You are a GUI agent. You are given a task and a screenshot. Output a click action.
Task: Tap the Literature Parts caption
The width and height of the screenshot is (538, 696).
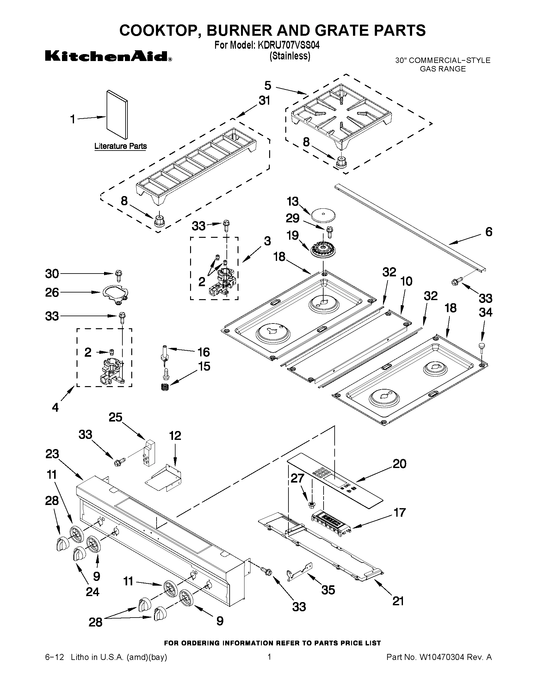[121, 146]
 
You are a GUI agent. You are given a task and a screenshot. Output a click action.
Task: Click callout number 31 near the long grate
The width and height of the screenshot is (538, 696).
[264, 100]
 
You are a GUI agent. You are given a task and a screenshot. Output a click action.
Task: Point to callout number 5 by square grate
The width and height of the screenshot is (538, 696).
[268, 85]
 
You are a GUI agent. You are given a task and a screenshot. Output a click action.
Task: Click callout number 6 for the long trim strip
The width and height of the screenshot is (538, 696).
[489, 232]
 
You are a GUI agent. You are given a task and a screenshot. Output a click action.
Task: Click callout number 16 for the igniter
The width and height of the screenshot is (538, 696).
[204, 352]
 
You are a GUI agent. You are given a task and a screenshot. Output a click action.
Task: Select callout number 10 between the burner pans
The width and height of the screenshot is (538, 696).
[406, 281]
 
